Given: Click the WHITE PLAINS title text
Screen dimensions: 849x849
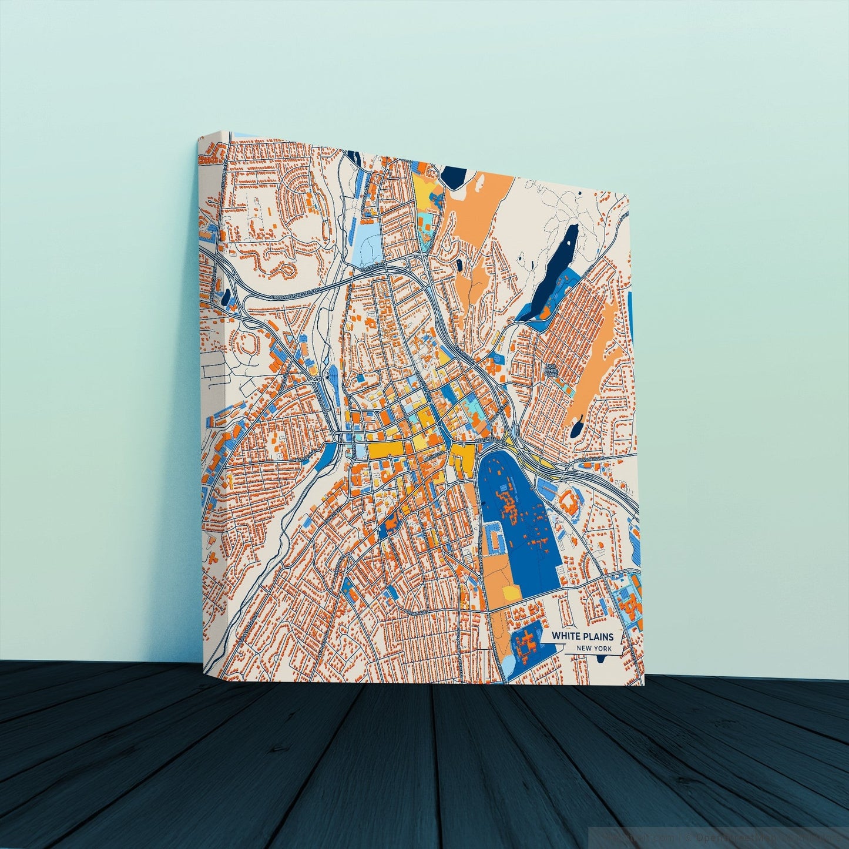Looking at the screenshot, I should (581, 636).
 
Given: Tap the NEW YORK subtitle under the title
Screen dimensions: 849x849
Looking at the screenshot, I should (594, 648).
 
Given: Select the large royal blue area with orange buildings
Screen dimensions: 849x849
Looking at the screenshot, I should (517, 505).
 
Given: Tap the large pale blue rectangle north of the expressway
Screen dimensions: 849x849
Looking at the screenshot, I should (368, 241).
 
